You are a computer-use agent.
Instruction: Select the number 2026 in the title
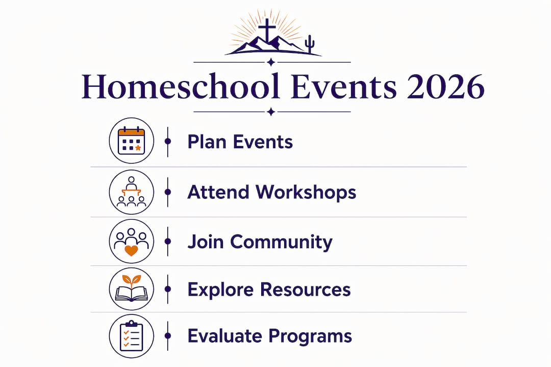click(445, 87)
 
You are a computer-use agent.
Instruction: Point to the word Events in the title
click(344, 87)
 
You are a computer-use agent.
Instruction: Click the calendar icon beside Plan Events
click(132, 141)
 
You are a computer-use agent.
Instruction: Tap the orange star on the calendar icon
click(138, 148)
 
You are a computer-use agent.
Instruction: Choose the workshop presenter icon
click(132, 192)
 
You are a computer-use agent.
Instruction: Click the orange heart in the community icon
click(132, 250)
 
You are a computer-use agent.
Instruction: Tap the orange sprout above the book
click(132, 281)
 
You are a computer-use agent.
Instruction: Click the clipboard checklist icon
click(132, 336)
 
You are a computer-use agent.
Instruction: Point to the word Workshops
click(306, 193)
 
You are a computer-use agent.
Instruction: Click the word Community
click(281, 242)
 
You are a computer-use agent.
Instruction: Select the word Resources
click(306, 290)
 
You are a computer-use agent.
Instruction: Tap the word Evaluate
click(225, 335)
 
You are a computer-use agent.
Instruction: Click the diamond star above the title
click(271, 62)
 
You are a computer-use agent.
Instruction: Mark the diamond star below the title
click(271, 112)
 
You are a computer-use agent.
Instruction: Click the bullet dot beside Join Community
click(168, 241)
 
